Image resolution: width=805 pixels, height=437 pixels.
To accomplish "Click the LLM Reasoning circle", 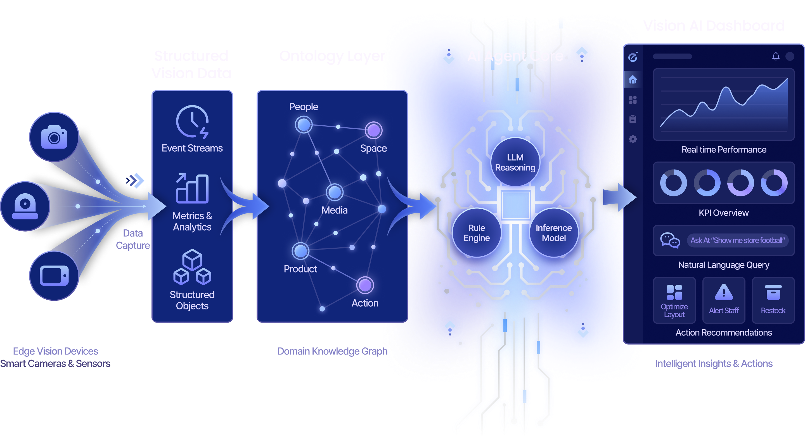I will pyautogui.click(x=515, y=162).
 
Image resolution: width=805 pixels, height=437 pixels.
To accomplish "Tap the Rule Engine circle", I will pyautogui.click(x=477, y=232).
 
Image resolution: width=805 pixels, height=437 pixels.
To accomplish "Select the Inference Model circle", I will pyautogui.click(x=554, y=232).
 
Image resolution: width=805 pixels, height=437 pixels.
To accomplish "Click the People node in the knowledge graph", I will pyautogui.click(x=304, y=125).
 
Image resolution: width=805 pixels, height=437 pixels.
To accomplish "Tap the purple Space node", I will pyautogui.click(x=373, y=130).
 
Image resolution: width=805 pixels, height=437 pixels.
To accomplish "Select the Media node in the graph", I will pyautogui.click(x=334, y=192).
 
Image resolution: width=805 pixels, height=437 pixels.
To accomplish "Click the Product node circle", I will pyautogui.click(x=300, y=251).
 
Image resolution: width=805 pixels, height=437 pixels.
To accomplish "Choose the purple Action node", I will pyautogui.click(x=365, y=285).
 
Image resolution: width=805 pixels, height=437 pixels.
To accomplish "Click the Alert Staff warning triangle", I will pyautogui.click(x=723, y=292).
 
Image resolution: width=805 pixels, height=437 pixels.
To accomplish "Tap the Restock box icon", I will pyautogui.click(x=773, y=292).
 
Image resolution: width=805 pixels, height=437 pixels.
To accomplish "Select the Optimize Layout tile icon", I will pyautogui.click(x=674, y=292).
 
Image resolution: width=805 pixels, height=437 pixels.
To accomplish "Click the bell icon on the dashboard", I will pyautogui.click(x=776, y=56).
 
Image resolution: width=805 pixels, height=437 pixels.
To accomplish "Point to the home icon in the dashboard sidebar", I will pyautogui.click(x=633, y=80).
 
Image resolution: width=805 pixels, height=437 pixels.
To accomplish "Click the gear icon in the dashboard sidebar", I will pyautogui.click(x=633, y=139).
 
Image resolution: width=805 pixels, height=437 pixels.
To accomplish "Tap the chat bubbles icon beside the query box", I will pyautogui.click(x=670, y=240).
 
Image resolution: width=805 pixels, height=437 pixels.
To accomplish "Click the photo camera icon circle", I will pyautogui.click(x=54, y=137).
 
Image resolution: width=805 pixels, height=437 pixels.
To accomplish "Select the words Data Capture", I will pyautogui.click(x=133, y=239).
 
